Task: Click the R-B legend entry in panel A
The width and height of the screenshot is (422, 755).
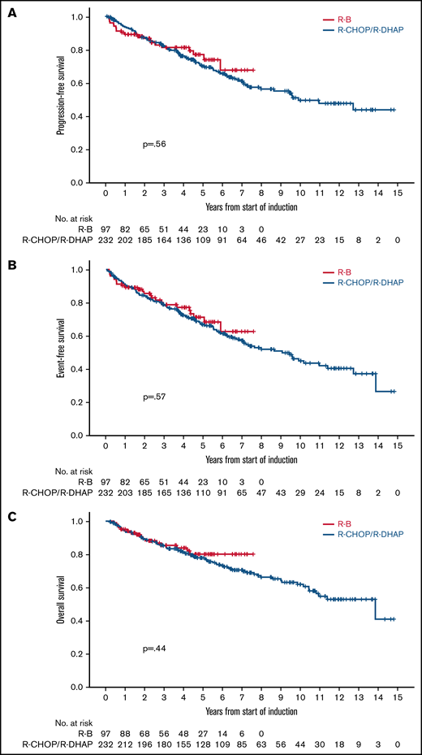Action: (x=354, y=18)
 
